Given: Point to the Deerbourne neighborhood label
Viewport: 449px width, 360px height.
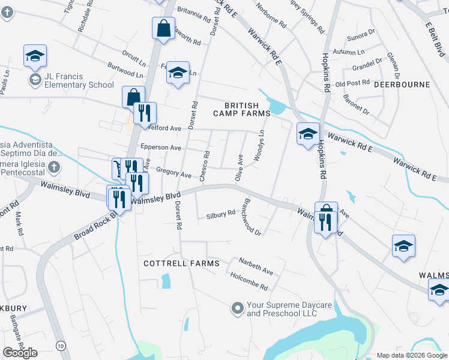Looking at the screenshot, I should tap(402, 85).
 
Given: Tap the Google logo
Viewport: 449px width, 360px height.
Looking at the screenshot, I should tap(20, 353).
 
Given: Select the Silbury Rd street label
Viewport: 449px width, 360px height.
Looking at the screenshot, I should tap(220, 214).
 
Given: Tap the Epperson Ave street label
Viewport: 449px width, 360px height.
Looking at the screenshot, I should tap(160, 148).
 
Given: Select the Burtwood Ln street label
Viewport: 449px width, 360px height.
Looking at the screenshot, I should tap(125, 69).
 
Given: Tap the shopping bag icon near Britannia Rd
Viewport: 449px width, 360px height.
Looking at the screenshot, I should tap(163, 28).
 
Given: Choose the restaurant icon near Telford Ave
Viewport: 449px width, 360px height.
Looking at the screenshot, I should tap(144, 112).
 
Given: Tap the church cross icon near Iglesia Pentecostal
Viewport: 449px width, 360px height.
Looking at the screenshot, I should tap(54, 167).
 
